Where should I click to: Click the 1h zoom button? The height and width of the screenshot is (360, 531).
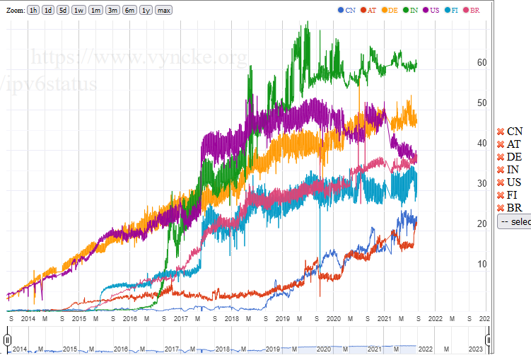click(x=33, y=10)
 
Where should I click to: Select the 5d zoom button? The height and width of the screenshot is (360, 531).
click(x=63, y=10)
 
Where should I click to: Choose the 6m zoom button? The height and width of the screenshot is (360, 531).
click(x=129, y=10)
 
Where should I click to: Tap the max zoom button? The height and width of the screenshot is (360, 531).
click(x=163, y=10)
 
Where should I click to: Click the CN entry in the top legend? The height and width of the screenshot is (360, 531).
click(x=346, y=10)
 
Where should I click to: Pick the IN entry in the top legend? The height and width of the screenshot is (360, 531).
click(x=409, y=10)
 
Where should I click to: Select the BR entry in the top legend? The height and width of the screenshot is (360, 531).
click(x=471, y=10)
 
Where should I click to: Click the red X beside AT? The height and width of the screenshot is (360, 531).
click(x=501, y=144)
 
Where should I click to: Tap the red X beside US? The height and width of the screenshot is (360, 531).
click(x=501, y=182)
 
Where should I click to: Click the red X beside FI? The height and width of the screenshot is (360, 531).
click(x=501, y=195)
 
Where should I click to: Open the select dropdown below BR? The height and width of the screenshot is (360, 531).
click(x=514, y=221)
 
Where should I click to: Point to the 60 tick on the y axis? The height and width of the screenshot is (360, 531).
click(x=482, y=62)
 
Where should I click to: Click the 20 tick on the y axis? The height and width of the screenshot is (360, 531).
click(x=482, y=223)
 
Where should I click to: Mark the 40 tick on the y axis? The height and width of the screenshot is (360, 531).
click(x=482, y=143)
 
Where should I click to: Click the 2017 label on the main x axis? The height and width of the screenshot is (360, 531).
click(x=180, y=319)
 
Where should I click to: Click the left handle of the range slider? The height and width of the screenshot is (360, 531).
click(x=8, y=340)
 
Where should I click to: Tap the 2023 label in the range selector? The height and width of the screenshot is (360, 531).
click(x=476, y=349)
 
